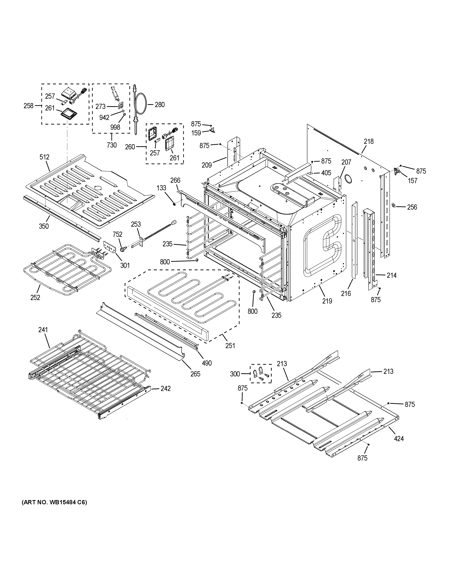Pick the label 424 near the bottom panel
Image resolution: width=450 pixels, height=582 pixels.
click(x=399, y=438)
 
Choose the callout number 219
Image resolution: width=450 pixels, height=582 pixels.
click(x=327, y=301)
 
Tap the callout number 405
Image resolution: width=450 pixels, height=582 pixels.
click(x=326, y=173)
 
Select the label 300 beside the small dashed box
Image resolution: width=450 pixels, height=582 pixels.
click(x=235, y=374)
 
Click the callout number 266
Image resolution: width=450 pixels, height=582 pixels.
click(x=175, y=180)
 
